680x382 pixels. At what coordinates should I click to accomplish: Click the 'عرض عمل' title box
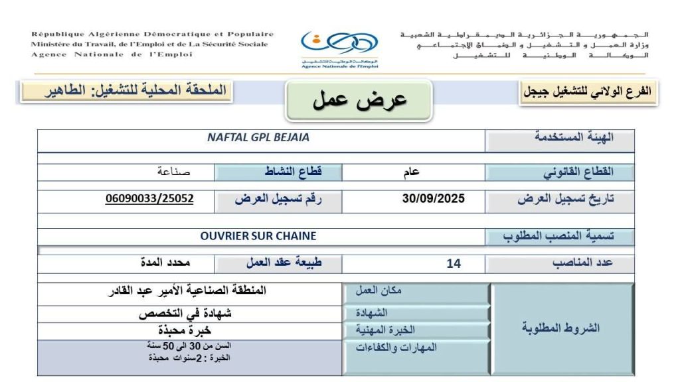(x=359, y=101)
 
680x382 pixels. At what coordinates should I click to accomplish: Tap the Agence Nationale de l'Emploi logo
(x=339, y=48)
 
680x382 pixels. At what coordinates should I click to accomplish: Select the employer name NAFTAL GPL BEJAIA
(x=258, y=138)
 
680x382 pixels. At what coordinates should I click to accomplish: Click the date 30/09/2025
(x=434, y=198)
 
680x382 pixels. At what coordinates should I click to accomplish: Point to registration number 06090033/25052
(x=149, y=198)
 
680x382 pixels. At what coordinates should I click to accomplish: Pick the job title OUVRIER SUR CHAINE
(x=258, y=235)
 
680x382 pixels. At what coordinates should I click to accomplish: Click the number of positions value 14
(x=454, y=263)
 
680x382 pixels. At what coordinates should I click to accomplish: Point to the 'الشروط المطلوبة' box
(x=561, y=328)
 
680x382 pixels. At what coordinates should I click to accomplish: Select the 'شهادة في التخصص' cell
(x=190, y=313)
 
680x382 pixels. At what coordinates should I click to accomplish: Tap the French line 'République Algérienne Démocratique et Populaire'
(x=152, y=34)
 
